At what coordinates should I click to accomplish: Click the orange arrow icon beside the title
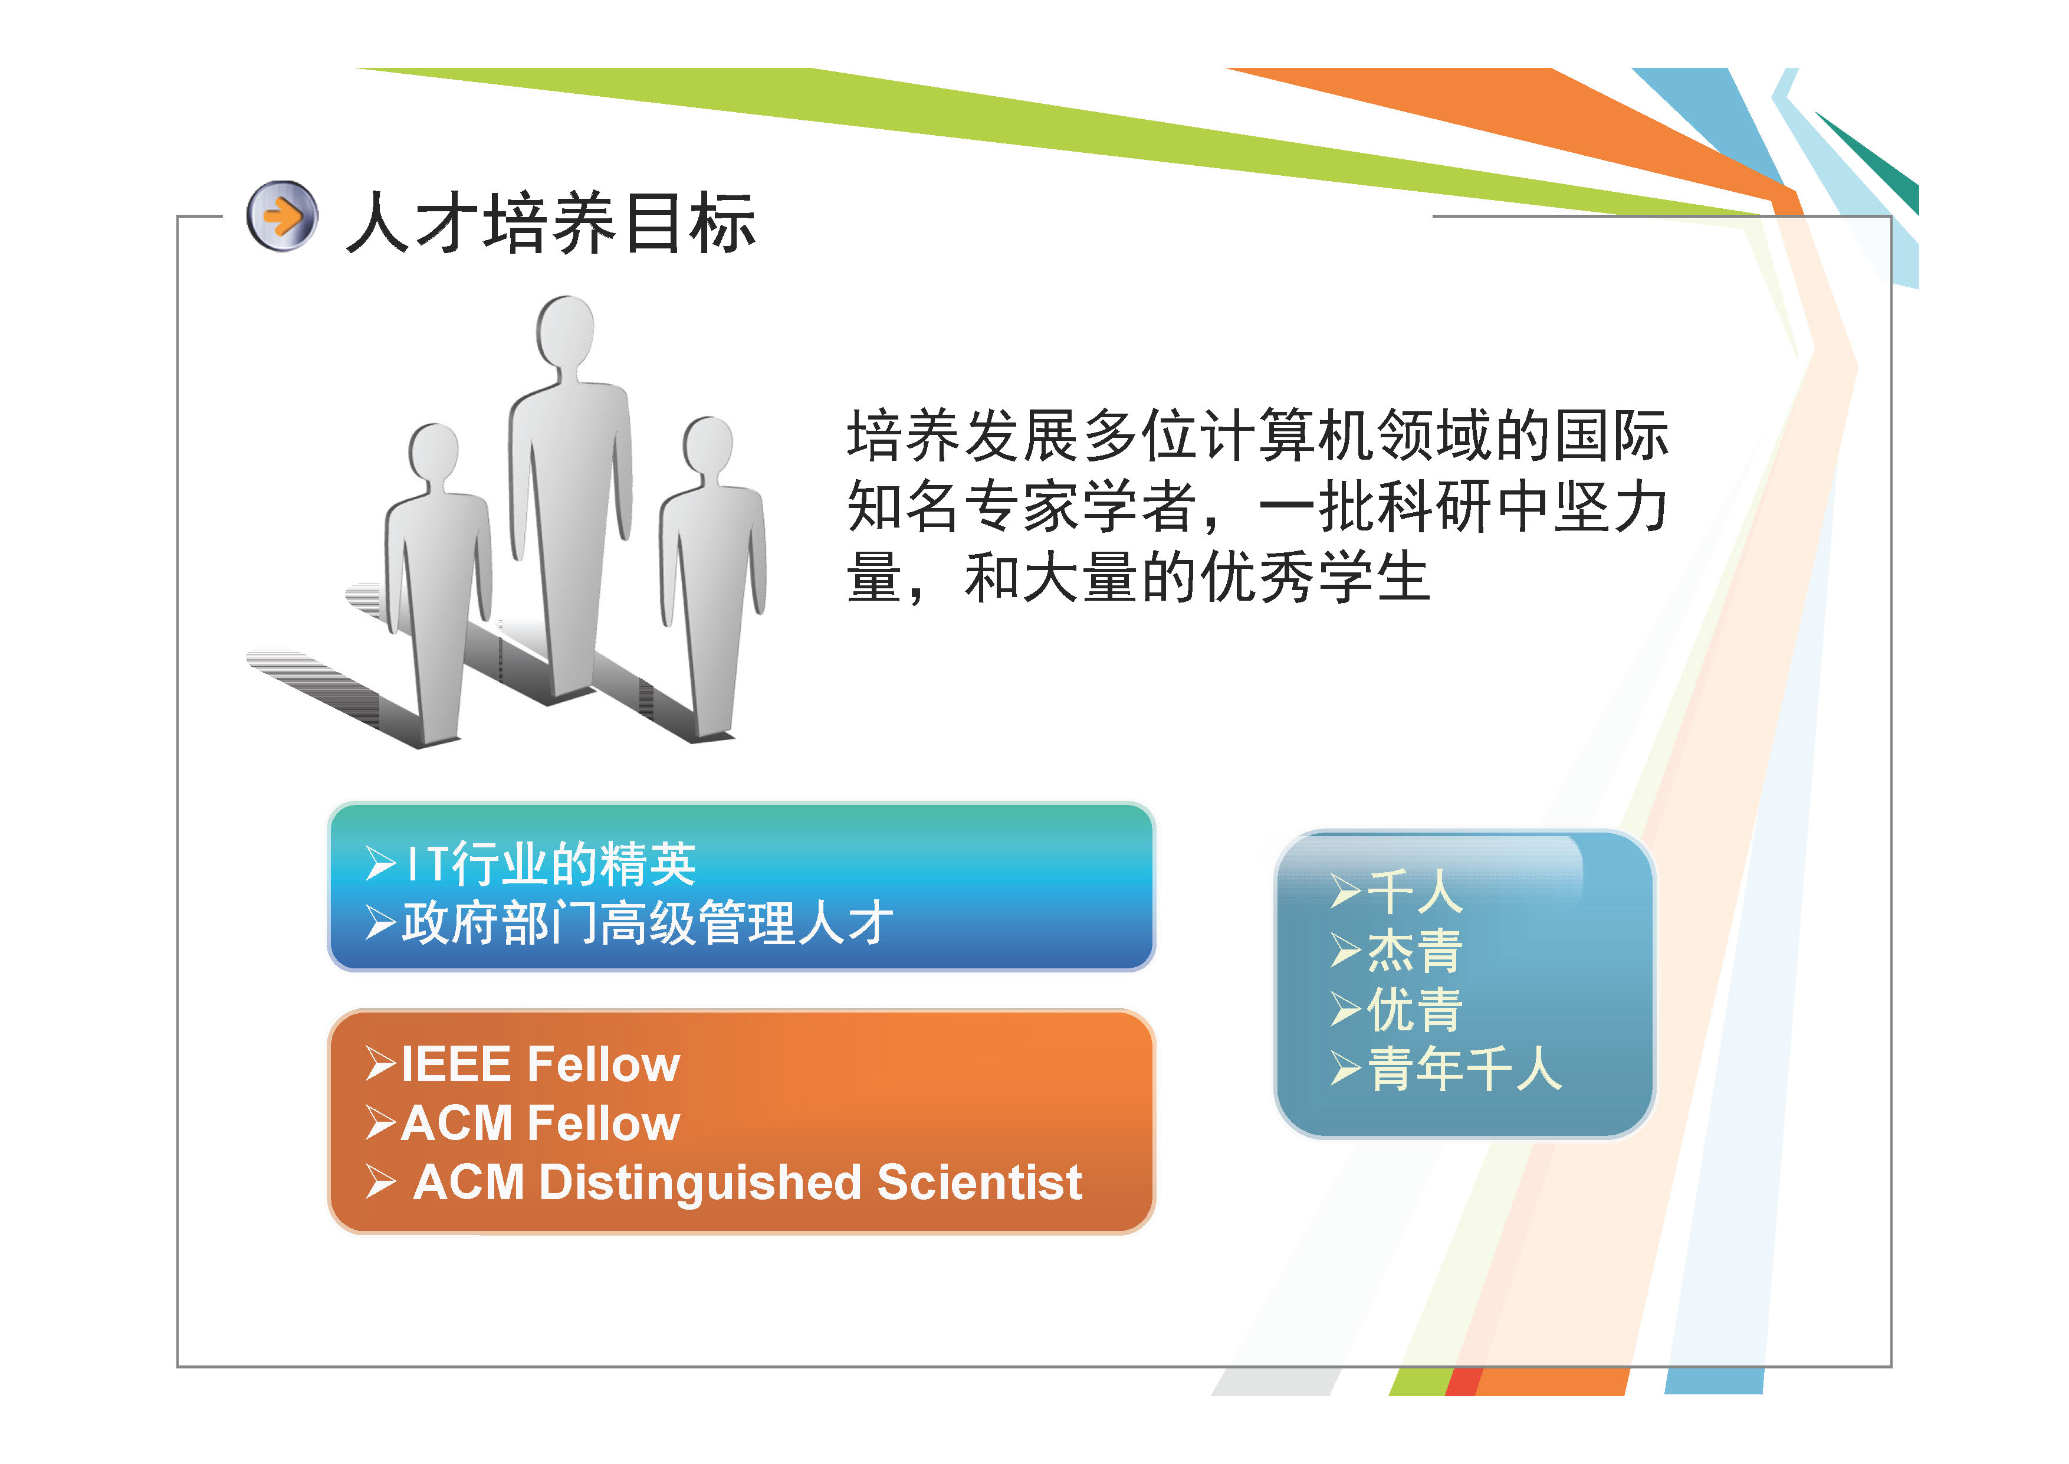pos(282,217)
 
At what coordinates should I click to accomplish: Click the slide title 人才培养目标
pos(551,222)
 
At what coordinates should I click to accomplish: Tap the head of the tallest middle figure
pos(565,331)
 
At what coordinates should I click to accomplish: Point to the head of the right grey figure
pos(708,446)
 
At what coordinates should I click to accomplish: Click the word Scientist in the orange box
pos(980,1182)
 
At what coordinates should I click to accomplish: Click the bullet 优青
pos(1415,1009)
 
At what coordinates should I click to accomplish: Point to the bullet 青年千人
pos(1464,1068)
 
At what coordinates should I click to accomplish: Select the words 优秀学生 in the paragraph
pos(1315,577)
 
